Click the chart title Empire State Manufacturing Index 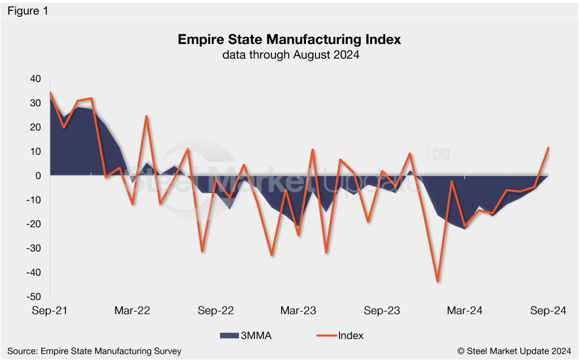[289, 40]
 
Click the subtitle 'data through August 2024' [289, 55]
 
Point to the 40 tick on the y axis [35, 79]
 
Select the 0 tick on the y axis [38, 176]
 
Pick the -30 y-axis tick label [34, 248]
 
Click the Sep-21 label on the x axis [50, 311]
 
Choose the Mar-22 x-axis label [132, 311]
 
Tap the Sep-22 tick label [215, 311]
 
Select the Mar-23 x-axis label [299, 311]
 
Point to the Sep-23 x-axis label [382, 311]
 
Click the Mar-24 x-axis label [465, 311]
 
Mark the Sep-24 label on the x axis [547, 311]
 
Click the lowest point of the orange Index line [438, 281]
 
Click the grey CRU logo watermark [441, 154]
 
